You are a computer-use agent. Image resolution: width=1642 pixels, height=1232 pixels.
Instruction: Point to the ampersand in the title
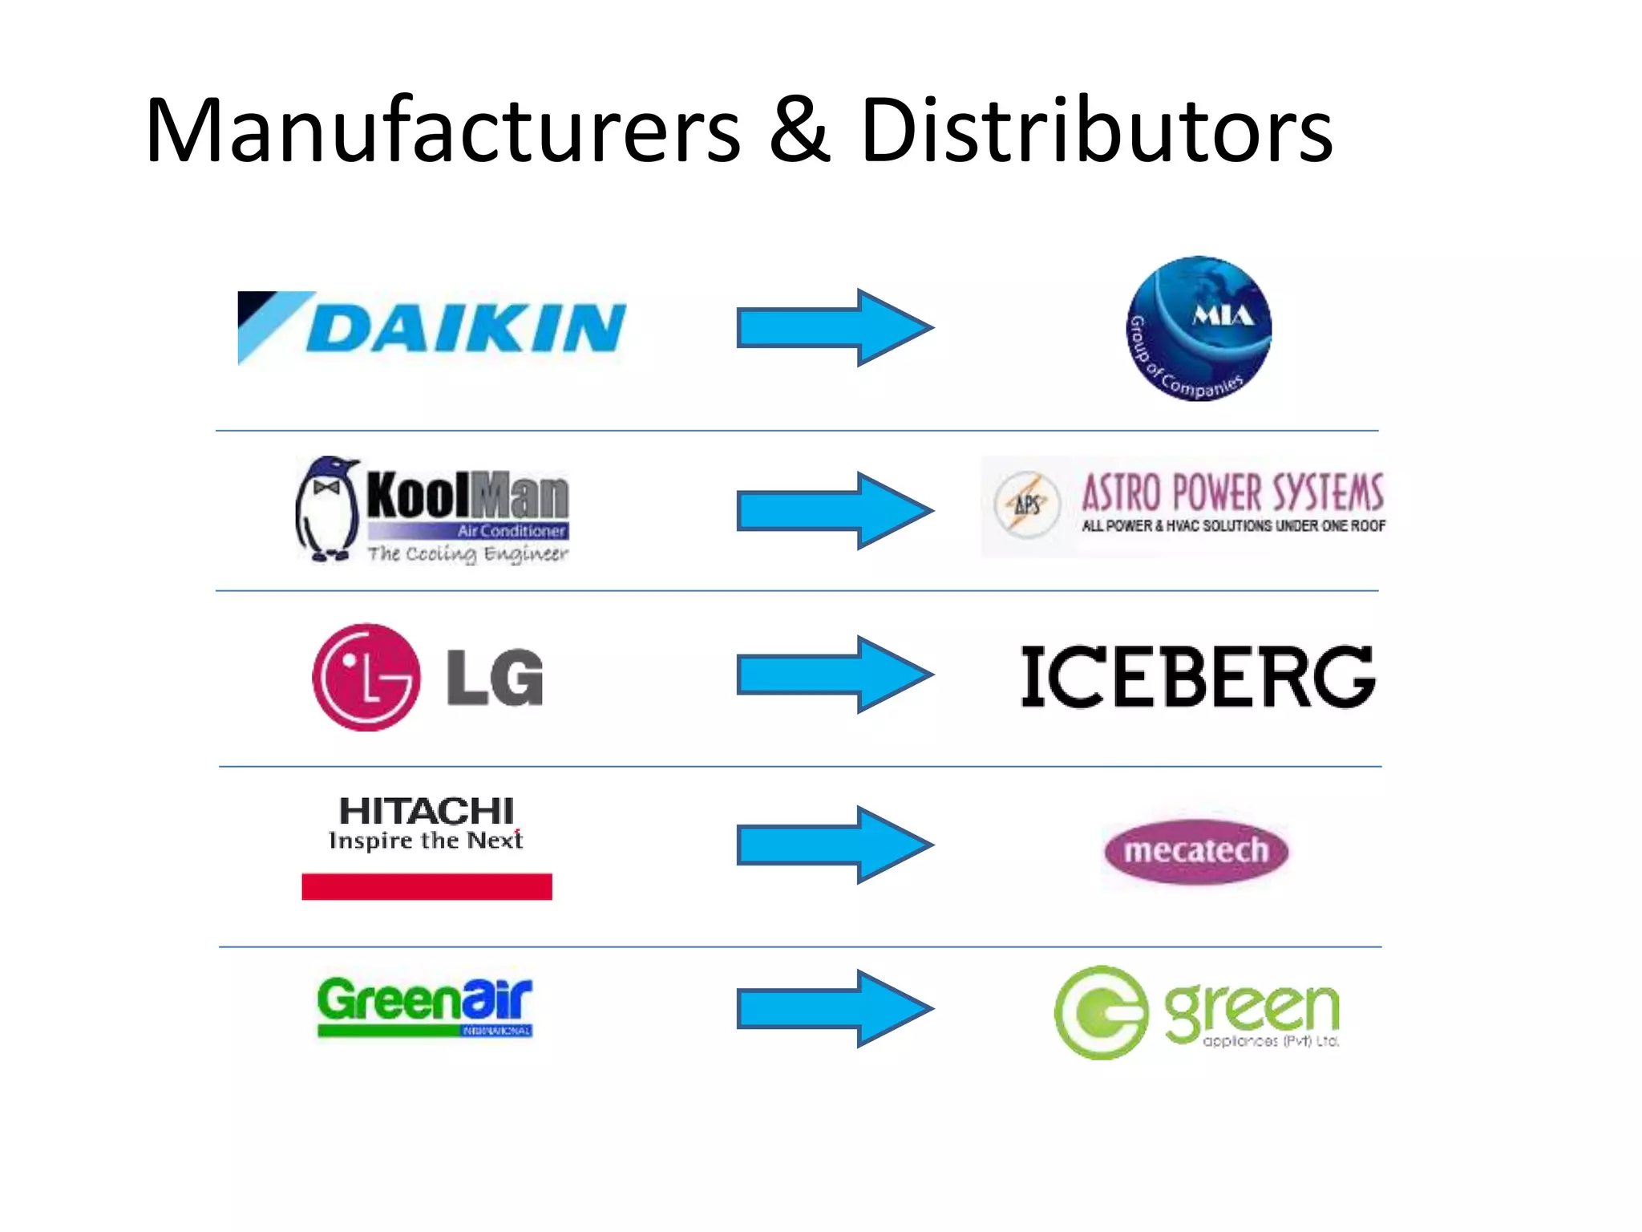tap(799, 132)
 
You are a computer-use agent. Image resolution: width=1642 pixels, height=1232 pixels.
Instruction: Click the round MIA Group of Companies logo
tap(1198, 328)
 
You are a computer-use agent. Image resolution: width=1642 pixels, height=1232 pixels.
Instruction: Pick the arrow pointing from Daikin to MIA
tap(834, 327)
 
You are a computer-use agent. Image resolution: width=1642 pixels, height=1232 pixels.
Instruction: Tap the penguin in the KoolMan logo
tap(326, 509)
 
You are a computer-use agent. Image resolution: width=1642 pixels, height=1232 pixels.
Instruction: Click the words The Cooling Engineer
tap(467, 553)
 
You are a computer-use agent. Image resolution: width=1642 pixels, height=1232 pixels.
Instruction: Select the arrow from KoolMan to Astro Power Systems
tap(834, 511)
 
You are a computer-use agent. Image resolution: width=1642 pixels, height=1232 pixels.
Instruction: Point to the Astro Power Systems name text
tap(1232, 492)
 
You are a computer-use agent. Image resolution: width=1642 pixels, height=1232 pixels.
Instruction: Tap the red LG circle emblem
tap(366, 677)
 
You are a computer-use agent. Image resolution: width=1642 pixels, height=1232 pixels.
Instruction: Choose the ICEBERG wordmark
tap(1198, 677)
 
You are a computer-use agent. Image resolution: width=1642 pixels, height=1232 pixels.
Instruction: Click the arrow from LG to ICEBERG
tap(834, 675)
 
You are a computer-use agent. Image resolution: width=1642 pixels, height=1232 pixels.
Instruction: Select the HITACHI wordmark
tap(427, 811)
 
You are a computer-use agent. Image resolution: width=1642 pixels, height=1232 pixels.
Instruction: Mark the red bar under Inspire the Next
tap(427, 886)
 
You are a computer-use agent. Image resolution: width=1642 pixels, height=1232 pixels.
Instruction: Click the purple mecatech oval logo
tap(1196, 851)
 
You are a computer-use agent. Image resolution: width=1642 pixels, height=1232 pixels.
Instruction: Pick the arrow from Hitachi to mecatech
tap(834, 845)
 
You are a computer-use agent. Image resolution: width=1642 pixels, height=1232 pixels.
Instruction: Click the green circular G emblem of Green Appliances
tap(1101, 1012)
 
